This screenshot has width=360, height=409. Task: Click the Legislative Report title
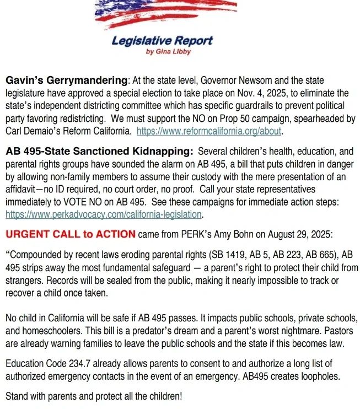point(162,41)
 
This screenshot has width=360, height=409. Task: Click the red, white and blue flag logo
point(165,14)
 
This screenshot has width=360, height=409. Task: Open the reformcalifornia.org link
point(209,131)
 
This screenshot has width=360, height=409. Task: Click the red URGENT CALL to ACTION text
point(70,234)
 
